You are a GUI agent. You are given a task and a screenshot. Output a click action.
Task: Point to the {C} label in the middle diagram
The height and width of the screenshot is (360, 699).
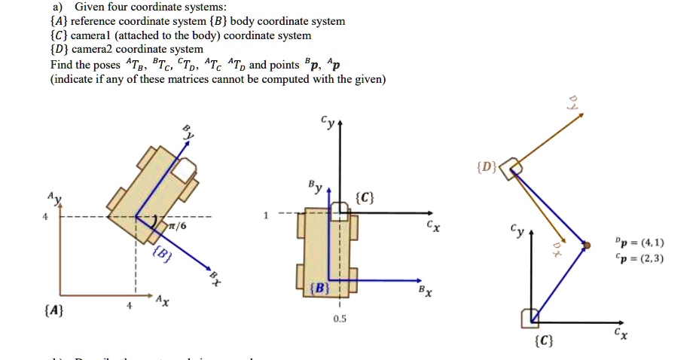tap(365, 199)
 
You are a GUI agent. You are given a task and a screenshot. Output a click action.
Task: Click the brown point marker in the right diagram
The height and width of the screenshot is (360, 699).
tap(586, 245)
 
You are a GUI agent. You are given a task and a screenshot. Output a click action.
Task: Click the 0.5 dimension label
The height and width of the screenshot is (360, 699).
tap(340, 319)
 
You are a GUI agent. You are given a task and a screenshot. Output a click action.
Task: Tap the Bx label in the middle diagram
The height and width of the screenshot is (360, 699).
tap(426, 291)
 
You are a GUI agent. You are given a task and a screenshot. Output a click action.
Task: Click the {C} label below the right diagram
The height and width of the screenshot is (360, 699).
tap(543, 343)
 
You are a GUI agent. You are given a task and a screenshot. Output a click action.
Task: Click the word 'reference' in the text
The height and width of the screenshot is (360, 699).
tap(96, 21)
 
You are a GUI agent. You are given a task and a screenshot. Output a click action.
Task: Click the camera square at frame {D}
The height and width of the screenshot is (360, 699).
tap(512, 168)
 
